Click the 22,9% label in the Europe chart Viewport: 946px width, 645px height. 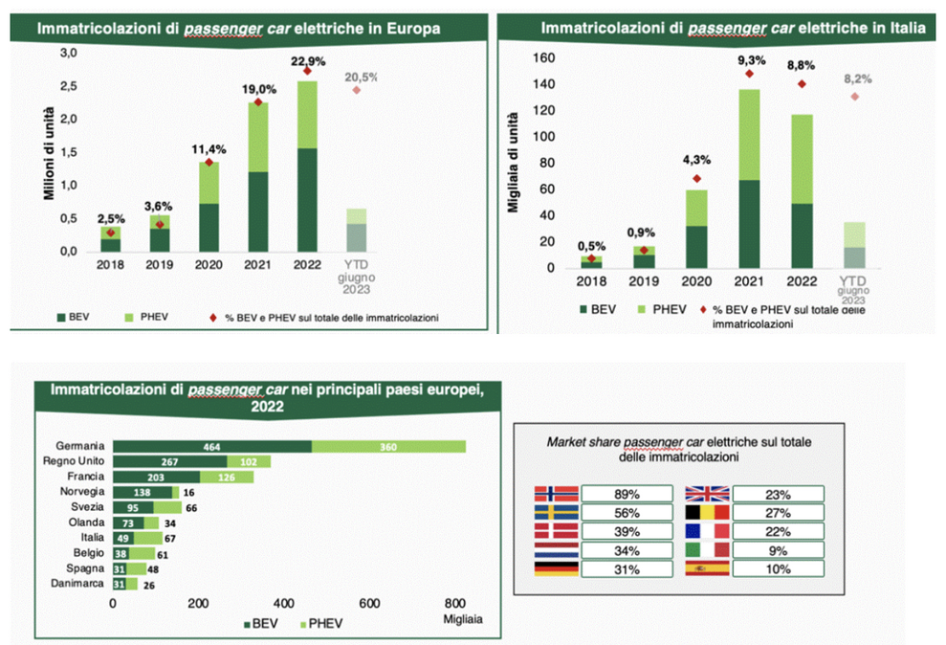[306, 60]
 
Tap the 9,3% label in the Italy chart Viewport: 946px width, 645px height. [749, 59]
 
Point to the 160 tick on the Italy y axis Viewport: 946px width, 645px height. [544, 57]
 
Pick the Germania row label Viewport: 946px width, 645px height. [80, 446]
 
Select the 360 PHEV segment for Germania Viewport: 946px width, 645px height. [388, 446]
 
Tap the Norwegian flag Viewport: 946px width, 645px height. [556, 494]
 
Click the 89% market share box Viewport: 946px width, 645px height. [626, 494]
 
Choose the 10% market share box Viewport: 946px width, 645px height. [778, 568]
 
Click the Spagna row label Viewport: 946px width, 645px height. [85, 568]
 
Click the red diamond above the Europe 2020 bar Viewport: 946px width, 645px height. [209, 163]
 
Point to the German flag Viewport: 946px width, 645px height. [556, 568]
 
